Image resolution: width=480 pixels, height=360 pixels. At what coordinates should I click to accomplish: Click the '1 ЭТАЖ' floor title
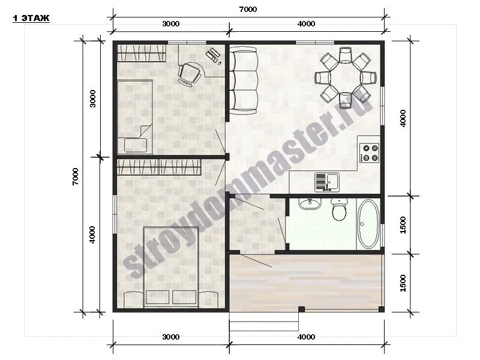[x=31, y=19]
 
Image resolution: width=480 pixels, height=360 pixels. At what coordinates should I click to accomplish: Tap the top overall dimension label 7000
[x=248, y=10]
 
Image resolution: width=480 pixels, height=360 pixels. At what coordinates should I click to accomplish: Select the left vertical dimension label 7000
[x=76, y=176]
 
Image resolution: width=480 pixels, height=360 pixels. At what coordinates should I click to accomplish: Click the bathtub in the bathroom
[x=368, y=224]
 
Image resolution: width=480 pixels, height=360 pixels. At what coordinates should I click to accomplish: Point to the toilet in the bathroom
[x=339, y=209]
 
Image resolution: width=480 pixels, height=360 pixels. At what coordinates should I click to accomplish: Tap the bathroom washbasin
[x=310, y=204]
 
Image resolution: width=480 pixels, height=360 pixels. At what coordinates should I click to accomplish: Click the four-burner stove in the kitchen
[x=370, y=153]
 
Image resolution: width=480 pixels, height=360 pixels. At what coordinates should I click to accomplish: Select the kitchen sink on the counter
[x=327, y=182]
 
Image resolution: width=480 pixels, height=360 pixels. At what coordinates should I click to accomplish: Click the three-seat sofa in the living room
[x=244, y=80]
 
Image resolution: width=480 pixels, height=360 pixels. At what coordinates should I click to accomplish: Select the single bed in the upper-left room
[x=135, y=116]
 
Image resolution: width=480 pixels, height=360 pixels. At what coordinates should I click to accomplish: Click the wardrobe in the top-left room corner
[x=142, y=53]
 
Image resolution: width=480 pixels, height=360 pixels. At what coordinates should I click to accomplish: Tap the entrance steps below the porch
[x=264, y=322]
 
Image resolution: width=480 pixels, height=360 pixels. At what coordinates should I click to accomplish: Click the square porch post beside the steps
[x=302, y=309]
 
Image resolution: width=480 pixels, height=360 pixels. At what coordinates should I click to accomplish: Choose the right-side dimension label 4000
[x=403, y=118]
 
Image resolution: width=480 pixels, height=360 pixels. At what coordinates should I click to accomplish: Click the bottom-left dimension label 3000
[x=171, y=337]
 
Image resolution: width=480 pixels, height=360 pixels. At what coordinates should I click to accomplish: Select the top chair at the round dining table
[x=346, y=55]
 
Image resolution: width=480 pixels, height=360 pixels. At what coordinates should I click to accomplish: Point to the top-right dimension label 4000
[x=306, y=24]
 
